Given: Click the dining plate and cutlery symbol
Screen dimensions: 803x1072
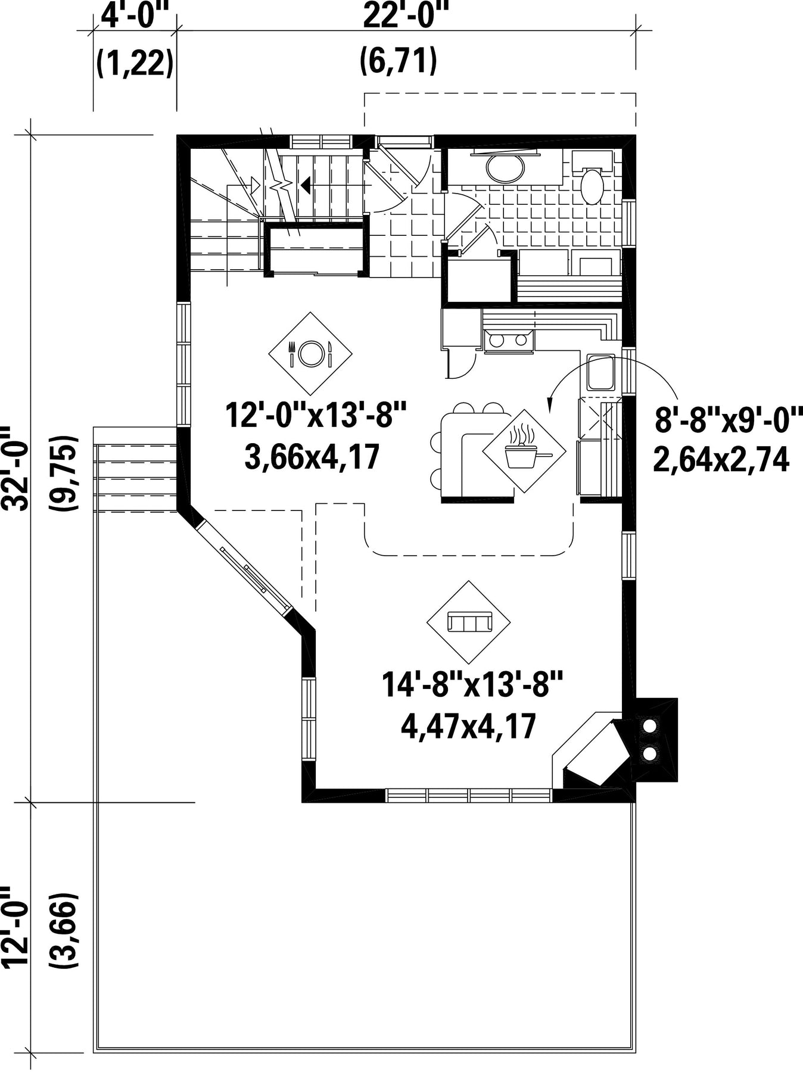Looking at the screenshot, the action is pyautogui.click(x=310, y=353).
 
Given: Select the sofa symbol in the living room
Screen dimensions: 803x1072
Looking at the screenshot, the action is pyautogui.click(x=468, y=622).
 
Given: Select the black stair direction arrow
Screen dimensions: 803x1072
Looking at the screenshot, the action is pyautogui.click(x=306, y=185).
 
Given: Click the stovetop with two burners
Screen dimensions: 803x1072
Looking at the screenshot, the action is pyautogui.click(x=508, y=341).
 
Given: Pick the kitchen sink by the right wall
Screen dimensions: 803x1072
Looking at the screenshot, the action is pyautogui.click(x=600, y=373).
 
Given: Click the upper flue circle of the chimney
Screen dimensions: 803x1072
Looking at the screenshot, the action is pyautogui.click(x=651, y=726).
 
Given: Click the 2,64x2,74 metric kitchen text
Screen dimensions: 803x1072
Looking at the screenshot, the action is pyautogui.click(x=721, y=460).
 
